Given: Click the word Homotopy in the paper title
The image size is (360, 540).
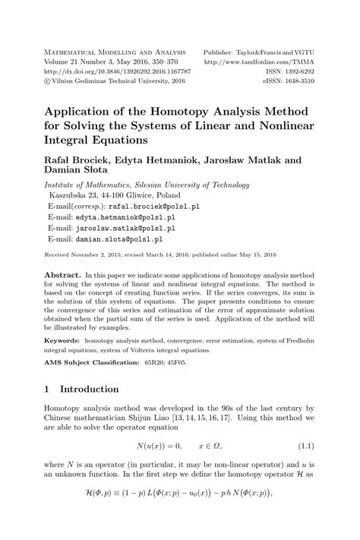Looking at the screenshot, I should [180, 110].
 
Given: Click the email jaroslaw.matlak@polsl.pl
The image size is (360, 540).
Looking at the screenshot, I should [126, 227].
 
